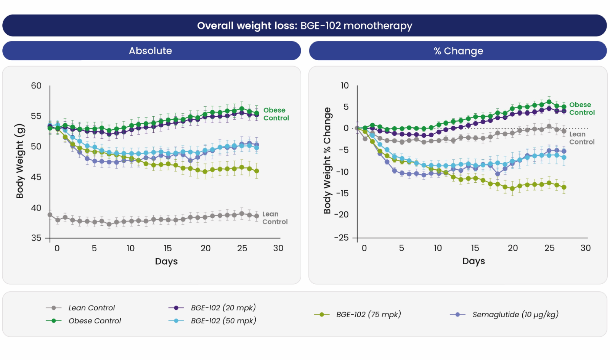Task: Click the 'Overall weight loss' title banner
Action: pyautogui.click(x=304, y=26)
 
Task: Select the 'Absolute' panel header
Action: pyautogui.click(x=151, y=51)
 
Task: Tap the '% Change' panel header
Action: pyautogui.click(x=458, y=51)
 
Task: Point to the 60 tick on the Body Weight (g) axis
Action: pyautogui.click(x=36, y=86)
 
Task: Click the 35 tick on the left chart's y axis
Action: pyautogui.click(x=36, y=238)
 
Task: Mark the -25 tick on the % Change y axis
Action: pyautogui.click(x=341, y=238)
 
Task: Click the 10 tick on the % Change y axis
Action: pyautogui.click(x=345, y=86)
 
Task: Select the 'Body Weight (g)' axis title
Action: pyautogui.click(x=20, y=161)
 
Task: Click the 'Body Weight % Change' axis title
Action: pyautogui.click(x=327, y=161)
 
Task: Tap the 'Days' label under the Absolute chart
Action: pyautogui.click(x=166, y=261)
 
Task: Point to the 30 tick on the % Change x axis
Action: pyautogui.click(x=586, y=248)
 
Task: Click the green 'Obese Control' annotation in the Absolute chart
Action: pyautogui.click(x=276, y=114)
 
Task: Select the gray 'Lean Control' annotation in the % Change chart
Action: pyautogui.click(x=581, y=138)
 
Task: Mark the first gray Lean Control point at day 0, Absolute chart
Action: pyautogui.click(x=50, y=215)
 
